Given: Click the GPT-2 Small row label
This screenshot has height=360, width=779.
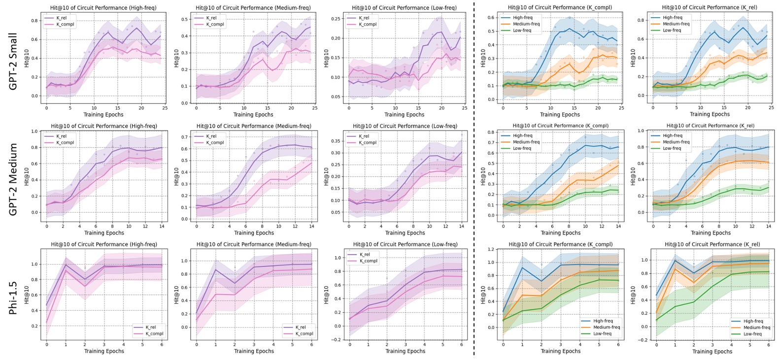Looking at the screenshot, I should [13, 61].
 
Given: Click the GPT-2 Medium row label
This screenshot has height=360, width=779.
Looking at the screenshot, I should [13, 179].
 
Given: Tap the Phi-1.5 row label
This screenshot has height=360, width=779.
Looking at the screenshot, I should [13, 298].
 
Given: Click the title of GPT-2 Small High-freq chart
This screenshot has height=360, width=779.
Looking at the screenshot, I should [103, 8].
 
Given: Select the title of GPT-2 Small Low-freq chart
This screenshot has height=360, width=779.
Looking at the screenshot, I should [404, 8].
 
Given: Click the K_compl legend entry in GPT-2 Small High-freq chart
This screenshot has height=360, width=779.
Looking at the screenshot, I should [65, 24].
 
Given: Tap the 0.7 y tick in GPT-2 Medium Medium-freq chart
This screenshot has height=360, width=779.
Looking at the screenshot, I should [184, 136].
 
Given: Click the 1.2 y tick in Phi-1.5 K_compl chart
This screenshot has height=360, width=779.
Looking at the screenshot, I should [491, 249].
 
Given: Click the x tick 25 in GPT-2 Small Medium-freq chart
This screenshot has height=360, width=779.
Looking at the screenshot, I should [314, 108].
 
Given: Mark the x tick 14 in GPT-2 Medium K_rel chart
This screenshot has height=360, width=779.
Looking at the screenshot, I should [769, 226].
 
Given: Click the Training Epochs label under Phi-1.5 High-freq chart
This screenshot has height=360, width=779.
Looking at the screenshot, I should [104, 351].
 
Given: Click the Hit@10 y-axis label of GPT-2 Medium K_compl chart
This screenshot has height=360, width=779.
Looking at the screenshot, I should [483, 176].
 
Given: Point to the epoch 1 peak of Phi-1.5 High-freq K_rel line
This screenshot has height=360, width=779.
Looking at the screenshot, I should [66, 264].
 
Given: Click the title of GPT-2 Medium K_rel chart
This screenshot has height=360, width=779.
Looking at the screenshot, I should [711, 126].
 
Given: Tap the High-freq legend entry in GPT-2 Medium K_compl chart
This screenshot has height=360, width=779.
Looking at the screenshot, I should [522, 135].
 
